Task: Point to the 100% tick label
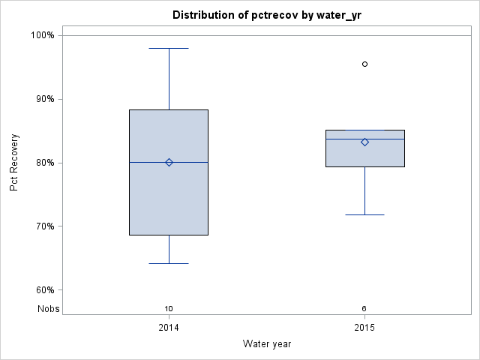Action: coord(42,35)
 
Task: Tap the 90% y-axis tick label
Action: coord(44,99)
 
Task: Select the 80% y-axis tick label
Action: coord(44,163)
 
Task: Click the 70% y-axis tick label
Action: coord(44,226)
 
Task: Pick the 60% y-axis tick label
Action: coord(44,290)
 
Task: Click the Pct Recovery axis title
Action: coord(14,163)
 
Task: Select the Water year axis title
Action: coord(267,344)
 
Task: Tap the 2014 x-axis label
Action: coord(169,328)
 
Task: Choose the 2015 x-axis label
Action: coord(364,328)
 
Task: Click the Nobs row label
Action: coord(49,309)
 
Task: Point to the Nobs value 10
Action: coord(169,309)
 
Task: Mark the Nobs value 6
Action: coord(364,309)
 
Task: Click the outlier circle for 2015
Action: coord(364,64)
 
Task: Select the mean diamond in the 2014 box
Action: coord(169,162)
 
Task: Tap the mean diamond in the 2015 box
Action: coord(364,142)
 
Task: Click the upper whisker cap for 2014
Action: coord(169,48)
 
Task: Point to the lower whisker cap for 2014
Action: coord(169,263)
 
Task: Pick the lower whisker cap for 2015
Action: coord(364,214)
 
